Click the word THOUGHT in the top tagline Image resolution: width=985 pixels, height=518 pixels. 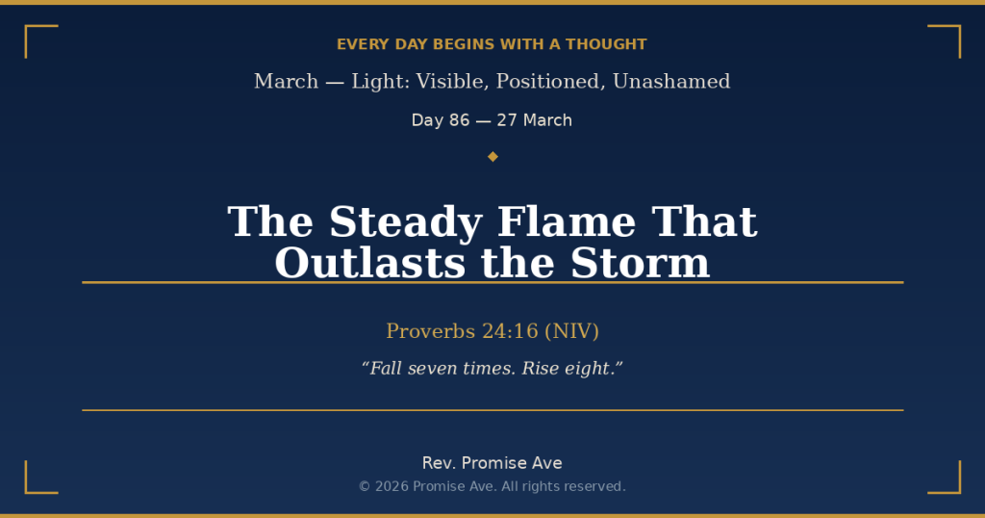(606, 44)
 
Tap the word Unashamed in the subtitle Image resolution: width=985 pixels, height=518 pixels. (671, 82)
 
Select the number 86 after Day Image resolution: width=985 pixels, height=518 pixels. (460, 120)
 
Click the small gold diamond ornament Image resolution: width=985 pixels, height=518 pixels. (492, 156)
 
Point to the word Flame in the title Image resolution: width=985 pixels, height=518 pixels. (566, 222)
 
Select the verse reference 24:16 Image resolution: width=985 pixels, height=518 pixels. (510, 331)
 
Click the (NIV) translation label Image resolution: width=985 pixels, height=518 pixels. (571, 331)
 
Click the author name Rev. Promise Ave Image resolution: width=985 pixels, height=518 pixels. (492, 463)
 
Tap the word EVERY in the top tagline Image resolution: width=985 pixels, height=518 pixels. (358, 44)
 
